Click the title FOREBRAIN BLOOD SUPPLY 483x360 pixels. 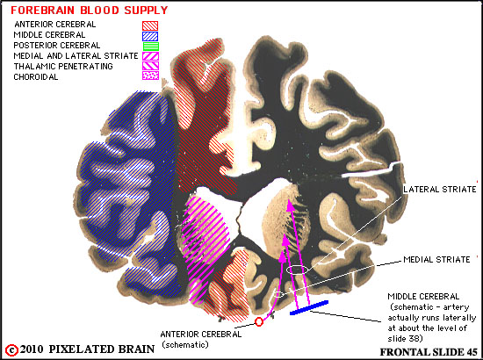(90, 11)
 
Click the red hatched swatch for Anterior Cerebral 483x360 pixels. (150, 25)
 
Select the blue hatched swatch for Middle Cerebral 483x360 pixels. (150, 36)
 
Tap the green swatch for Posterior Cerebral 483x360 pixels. (151, 47)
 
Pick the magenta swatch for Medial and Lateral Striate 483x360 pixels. (151, 56)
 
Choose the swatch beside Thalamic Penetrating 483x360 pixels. (151, 66)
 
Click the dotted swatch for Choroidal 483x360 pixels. (151, 76)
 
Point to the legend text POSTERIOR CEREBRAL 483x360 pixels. (57, 46)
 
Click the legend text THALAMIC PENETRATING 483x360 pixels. (63, 66)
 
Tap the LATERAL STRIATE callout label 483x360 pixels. (440, 189)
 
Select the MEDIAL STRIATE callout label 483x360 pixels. (436, 260)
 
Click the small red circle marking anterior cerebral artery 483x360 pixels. (259, 322)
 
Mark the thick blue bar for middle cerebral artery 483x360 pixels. (309, 307)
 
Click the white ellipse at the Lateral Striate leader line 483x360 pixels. (297, 270)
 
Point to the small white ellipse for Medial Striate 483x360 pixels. (278, 295)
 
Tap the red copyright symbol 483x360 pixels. (12, 350)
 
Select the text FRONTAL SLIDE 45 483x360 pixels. (429, 352)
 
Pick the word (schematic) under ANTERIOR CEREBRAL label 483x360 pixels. (185, 344)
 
